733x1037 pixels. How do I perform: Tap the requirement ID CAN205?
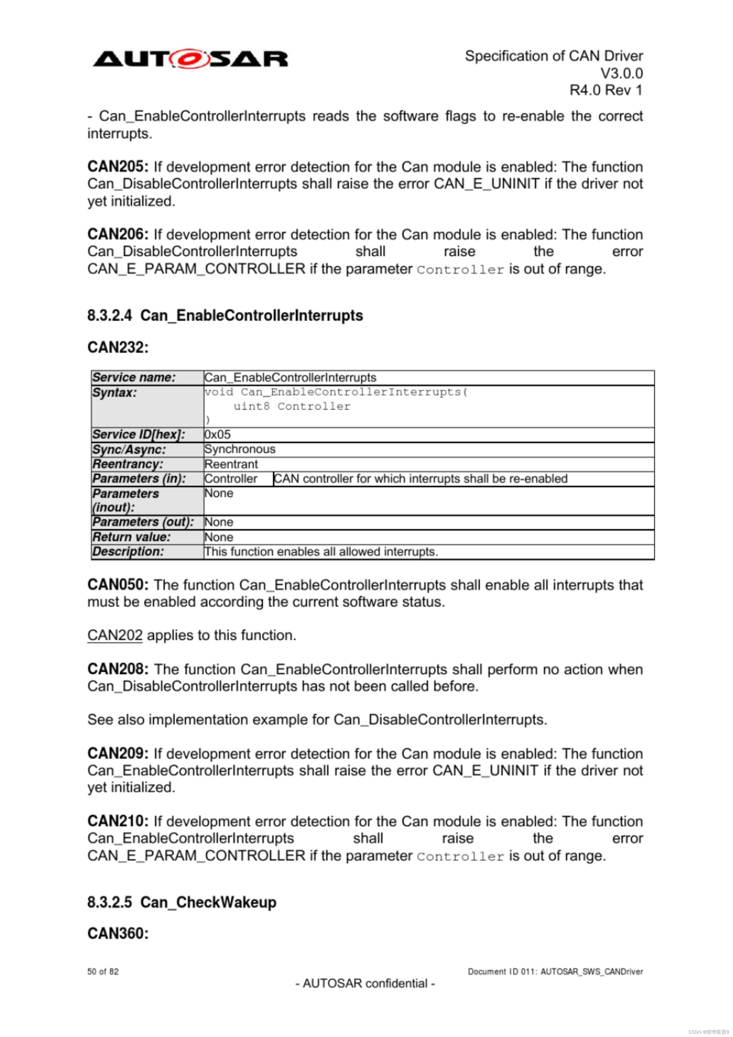click(x=118, y=167)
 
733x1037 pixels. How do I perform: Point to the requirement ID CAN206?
click(x=118, y=234)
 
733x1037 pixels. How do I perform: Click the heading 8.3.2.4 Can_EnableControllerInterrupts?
click(x=225, y=315)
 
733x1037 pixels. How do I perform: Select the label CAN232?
click(x=118, y=347)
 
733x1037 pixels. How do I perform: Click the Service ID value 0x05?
click(x=217, y=434)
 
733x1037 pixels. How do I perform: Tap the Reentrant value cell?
click(x=231, y=464)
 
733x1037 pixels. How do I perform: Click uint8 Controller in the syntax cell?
click(x=291, y=406)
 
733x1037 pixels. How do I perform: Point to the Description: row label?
click(x=128, y=551)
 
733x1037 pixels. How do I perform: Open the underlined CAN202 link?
click(x=115, y=635)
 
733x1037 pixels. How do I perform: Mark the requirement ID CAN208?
click(x=118, y=669)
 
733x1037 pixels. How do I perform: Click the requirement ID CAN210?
click(x=118, y=821)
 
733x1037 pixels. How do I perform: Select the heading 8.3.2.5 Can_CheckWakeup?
click(x=182, y=902)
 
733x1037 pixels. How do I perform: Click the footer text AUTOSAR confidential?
click(x=365, y=983)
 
